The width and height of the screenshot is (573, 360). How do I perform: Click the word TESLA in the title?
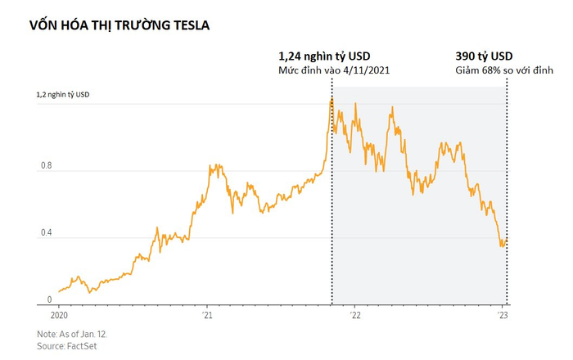tap(188, 25)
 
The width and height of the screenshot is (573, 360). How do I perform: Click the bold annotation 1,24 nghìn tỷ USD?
tap(325, 56)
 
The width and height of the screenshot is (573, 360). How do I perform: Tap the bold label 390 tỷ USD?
tap(484, 56)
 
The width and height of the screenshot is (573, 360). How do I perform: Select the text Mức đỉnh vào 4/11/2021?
tap(334, 71)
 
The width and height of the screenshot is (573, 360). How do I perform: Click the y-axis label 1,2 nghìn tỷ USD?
tap(63, 95)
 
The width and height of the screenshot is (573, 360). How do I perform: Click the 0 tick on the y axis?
tap(50, 299)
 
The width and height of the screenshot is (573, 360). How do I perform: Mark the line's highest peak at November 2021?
tap(332, 99)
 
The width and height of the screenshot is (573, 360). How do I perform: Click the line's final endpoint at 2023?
tap(507, 240)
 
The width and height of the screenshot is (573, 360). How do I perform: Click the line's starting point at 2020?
tap(59, 291)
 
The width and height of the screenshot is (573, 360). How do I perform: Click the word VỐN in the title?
tap(43, 25)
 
